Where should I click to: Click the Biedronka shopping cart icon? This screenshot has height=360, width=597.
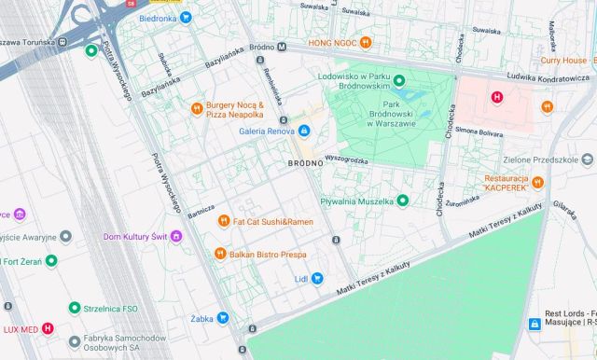point(186,18)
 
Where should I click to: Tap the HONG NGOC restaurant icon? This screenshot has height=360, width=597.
point(367,42)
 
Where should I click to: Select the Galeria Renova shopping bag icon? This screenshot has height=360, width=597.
point(304,130)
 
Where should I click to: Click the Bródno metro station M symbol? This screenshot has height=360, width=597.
point(281,46)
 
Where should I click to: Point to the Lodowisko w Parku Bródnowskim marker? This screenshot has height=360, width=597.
point(399,80)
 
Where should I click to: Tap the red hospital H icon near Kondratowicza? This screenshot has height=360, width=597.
point(496,97)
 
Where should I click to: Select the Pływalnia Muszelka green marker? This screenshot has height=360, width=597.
point(403,200)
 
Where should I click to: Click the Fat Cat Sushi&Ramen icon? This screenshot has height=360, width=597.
point(223,221)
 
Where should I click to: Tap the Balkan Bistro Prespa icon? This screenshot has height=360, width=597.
point(219,253)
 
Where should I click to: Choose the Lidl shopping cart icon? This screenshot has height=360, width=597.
point(317,278)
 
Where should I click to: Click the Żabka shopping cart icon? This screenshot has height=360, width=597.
point(222,318)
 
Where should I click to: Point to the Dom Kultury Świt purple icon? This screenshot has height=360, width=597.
point(176,236)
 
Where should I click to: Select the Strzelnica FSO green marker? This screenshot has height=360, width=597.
point(74,308)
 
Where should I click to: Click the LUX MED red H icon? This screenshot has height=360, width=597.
point(48,328)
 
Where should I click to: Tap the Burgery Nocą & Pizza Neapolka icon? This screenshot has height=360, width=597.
point(197,108)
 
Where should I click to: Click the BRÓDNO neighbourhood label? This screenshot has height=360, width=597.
point(305,163)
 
